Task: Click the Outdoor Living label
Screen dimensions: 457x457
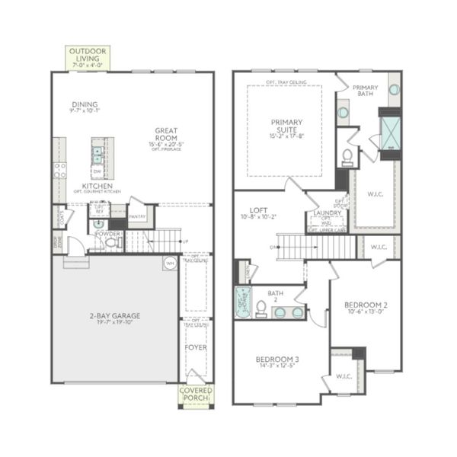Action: point(88,53)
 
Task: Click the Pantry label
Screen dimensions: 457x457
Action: point(137,216)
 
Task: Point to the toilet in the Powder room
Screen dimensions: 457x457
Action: point(110,243)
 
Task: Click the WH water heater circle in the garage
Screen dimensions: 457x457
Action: point(168,263)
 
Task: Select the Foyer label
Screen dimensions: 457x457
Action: point(196,347)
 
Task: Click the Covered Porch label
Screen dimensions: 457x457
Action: point(196,394)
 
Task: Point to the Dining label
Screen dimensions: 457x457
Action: point(85,105)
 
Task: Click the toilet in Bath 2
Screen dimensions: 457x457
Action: point(260,307)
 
